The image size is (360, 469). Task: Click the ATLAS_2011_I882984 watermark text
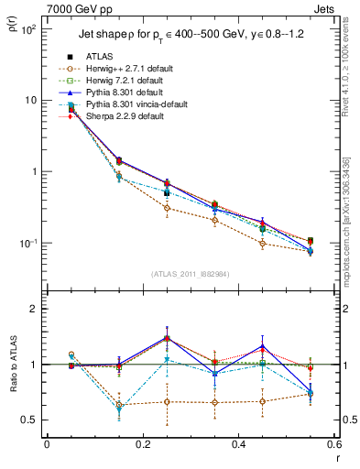coord(191,274)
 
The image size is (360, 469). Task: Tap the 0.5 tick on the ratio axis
coord(31,420)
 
